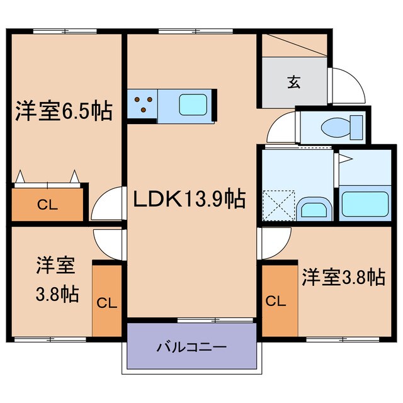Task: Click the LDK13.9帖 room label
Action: coord(188,200)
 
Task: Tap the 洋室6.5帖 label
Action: coord(64,112)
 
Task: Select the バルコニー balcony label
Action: coord(191,346)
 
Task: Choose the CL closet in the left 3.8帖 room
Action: coord(106,302)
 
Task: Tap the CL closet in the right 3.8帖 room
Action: coord(275,301)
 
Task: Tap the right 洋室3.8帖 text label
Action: coord(343,276)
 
